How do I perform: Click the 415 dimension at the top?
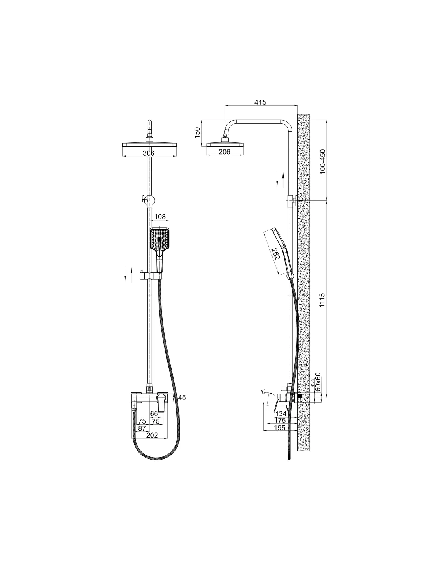[260, 102]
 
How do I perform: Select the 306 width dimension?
[148, 153]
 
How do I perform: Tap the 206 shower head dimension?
[224, 151]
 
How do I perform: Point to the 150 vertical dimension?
[197, 133]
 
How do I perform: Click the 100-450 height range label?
[322, 162]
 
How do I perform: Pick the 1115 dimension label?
[322, 300]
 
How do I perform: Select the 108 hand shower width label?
[160, 217]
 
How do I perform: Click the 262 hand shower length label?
[276, 254]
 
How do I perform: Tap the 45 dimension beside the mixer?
[182, 398]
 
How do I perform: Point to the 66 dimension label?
[154, 413]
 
